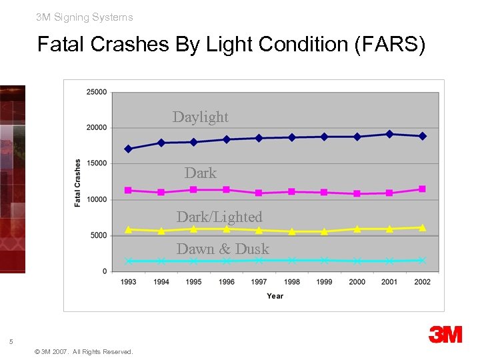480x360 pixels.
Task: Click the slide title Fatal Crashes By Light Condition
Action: tap(231, 45)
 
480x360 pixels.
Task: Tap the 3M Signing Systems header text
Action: tap(85, 17)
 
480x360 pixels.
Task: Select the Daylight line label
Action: tap(200, 117)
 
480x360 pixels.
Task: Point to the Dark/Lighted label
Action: tap(219, 217)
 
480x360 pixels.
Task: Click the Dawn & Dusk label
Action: tap(223, 249)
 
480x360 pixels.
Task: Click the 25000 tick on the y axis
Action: tap(96, 92)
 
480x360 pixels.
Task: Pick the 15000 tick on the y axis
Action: tap(96, 163)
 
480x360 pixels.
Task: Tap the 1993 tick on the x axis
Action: tap(128, 282)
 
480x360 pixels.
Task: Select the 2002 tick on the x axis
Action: tap(422, 282)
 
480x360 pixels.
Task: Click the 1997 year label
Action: tap(259, 282)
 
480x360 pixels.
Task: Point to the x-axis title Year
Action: tap(275, 296)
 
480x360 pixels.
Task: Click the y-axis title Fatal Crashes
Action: tap(78, 182)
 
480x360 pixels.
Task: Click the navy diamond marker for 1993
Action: tap(128, 149)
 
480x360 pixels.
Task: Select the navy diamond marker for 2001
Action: tap(389, 134)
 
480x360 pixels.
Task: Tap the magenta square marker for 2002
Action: tap(422, 189)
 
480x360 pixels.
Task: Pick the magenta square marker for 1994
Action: tap(161, 192)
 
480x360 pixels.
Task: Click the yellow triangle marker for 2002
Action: tap(422, 227)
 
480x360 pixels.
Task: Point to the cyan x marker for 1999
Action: tap(324, 260)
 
